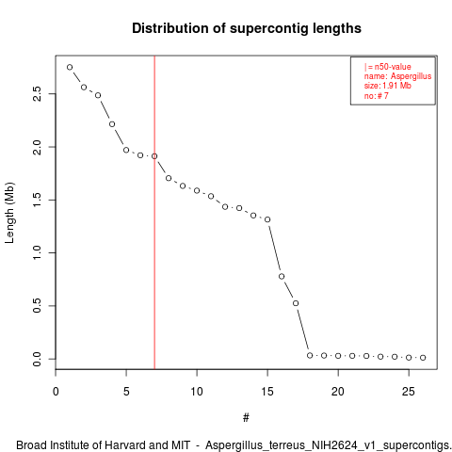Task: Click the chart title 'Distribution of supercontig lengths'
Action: pos(247,28)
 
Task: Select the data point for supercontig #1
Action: pos(70,67)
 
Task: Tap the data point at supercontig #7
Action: pos(154,156)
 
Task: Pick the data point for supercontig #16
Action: pos(282,276)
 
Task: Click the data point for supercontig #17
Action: pos(296,303)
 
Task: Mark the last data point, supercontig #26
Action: pos(423,358)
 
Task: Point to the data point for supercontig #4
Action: pos(112,124)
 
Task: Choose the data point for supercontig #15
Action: pos(267,219)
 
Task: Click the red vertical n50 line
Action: pos(154,213)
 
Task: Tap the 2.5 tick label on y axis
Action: pos(37,93)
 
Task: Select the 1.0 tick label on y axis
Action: pos(37,252)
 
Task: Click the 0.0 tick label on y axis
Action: pos(37,359)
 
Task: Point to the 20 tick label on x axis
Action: pos(338,392)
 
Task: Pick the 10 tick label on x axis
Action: pos(197,392)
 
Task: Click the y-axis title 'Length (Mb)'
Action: pos(9,213)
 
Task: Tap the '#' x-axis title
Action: pos(246,418)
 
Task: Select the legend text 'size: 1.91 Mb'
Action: pos(388,86)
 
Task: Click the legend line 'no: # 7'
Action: pos(376,96)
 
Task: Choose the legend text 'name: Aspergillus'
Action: pos(397,76)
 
